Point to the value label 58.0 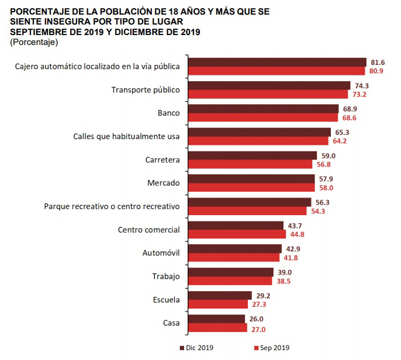coord(326,188)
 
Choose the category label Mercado coord(164,183)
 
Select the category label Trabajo coord(166,276)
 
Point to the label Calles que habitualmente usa coord(126,136)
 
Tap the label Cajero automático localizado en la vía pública coord(97,66)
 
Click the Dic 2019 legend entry coord(196,348)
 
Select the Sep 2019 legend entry coord(273,348)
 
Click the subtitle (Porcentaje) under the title coord(34,42)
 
